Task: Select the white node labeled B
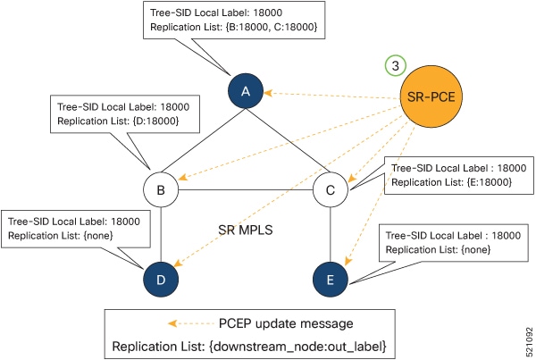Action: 162,189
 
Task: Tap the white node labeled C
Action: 330,189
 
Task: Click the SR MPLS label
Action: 246,229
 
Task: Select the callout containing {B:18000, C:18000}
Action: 233,21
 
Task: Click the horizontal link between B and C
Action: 246,189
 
